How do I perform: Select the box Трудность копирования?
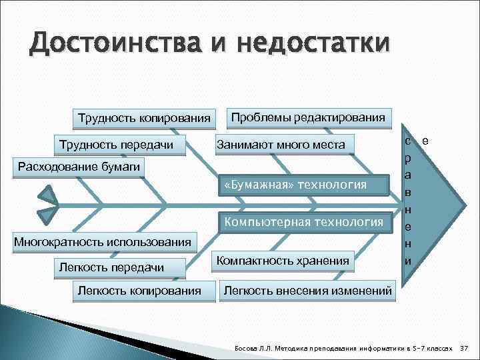pyautogui.click(x=144, y=119)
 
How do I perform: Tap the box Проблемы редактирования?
pyautogui.click(x=307, y=117)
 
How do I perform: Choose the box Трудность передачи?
pyautogui.click(x=116, y=144)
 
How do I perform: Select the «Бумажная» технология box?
pyautogui.click(x=305, y=184)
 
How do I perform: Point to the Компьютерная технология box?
pyautogui.click(x=305, y=222)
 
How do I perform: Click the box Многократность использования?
pyautogui.click(x=103, y=239)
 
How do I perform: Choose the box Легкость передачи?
pyautogui.click(x=111, y=267)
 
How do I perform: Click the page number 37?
pyautogui.click(x=465, y=348)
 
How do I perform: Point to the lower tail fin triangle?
pyautogui.click(x=48, y=215)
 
